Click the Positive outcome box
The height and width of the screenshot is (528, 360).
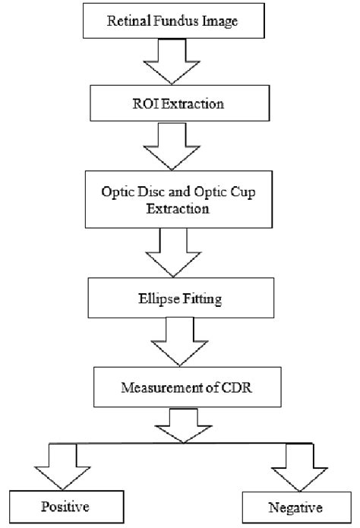pyautogui.click(x=68, y=504)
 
